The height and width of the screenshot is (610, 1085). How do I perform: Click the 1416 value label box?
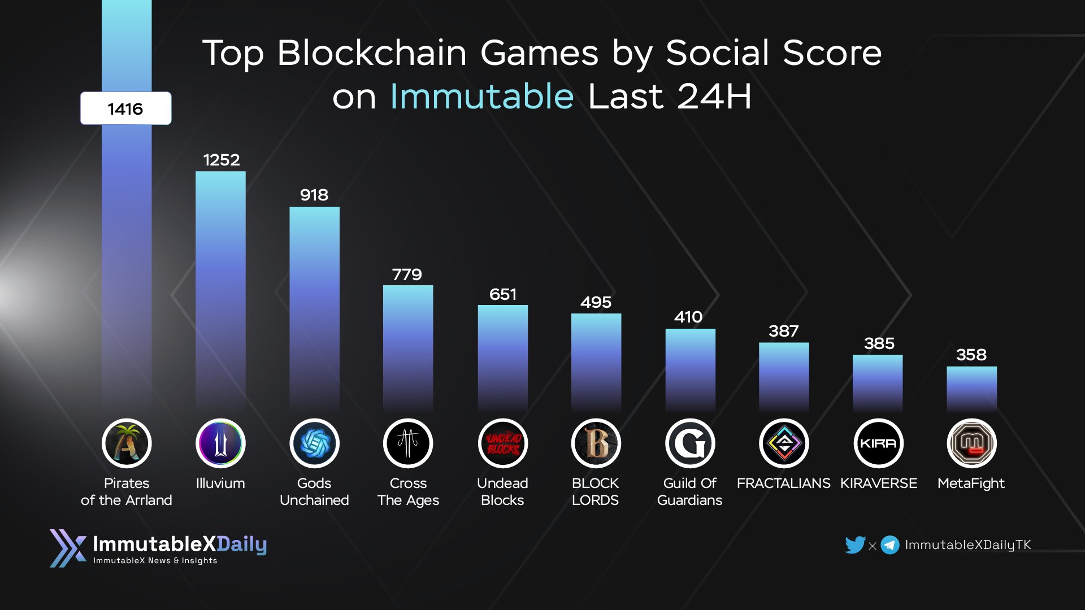pyautogui.click(x=125, y=108)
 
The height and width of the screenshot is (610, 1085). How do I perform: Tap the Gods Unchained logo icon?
pyautogui.click(x=314, y=443)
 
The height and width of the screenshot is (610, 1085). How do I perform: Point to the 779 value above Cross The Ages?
pyautogui.click(x=407, y=274)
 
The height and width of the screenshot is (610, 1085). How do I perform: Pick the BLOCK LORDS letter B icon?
pyautogui.click(x=596, y=443)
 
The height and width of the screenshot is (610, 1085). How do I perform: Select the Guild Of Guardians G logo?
pyautogui.click(x=690, y=443)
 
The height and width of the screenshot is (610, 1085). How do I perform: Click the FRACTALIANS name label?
pyautogui.click(x=783, y=483)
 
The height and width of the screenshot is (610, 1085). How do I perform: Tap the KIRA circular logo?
pyautogui.click(x=878, y=443)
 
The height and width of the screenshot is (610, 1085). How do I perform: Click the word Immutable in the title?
pyautogui.click(x=482, y=96)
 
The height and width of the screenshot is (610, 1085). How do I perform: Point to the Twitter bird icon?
pyautogui.click(x=855, y=544)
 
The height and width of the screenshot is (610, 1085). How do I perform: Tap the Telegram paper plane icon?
pyautogui.click(x=890, y=545)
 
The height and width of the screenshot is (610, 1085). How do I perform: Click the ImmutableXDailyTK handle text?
pyautogui.click(x=967, y=545)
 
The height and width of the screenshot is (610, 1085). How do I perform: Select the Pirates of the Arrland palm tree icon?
pyautogui.click(x=127, y=443)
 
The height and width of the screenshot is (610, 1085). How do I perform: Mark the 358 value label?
pyautogui.click(x=971, y=355)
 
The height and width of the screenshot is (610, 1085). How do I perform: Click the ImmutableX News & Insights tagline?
pyautogui.click(x=155, y=561)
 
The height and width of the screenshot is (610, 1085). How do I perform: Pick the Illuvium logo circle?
pyautogui.click(x=220, y=443)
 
